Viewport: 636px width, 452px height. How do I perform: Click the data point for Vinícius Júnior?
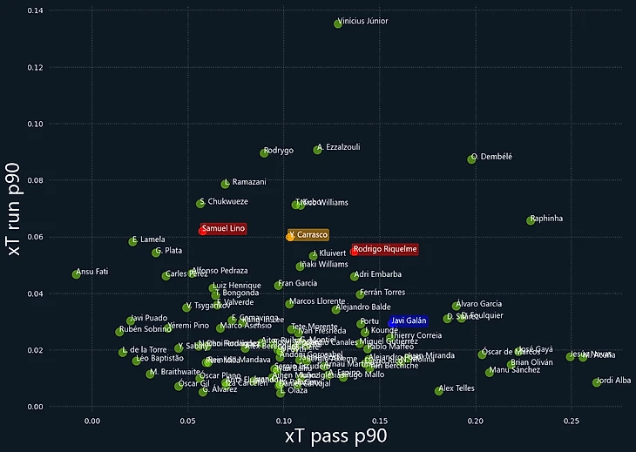338,24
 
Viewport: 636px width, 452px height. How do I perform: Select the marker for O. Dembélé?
472,159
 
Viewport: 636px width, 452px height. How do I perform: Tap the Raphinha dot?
531,220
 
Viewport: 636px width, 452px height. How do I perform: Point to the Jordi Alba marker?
597,382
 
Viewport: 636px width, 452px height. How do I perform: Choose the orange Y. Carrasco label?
309,235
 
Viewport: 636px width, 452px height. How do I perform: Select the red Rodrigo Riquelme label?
385,250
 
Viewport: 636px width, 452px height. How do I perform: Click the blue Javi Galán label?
409,321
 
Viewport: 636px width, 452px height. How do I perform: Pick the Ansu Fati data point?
76,274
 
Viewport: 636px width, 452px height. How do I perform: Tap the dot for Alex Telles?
439,391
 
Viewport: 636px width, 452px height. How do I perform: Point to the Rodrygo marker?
265,152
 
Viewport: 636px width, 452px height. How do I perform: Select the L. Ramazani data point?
226,184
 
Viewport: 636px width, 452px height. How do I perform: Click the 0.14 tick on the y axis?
35,10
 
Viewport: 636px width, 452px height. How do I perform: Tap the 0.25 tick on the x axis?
571,420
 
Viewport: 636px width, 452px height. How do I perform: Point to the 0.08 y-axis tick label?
35,180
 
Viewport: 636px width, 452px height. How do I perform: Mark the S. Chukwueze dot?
200,203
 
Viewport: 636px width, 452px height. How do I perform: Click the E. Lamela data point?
133,241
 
